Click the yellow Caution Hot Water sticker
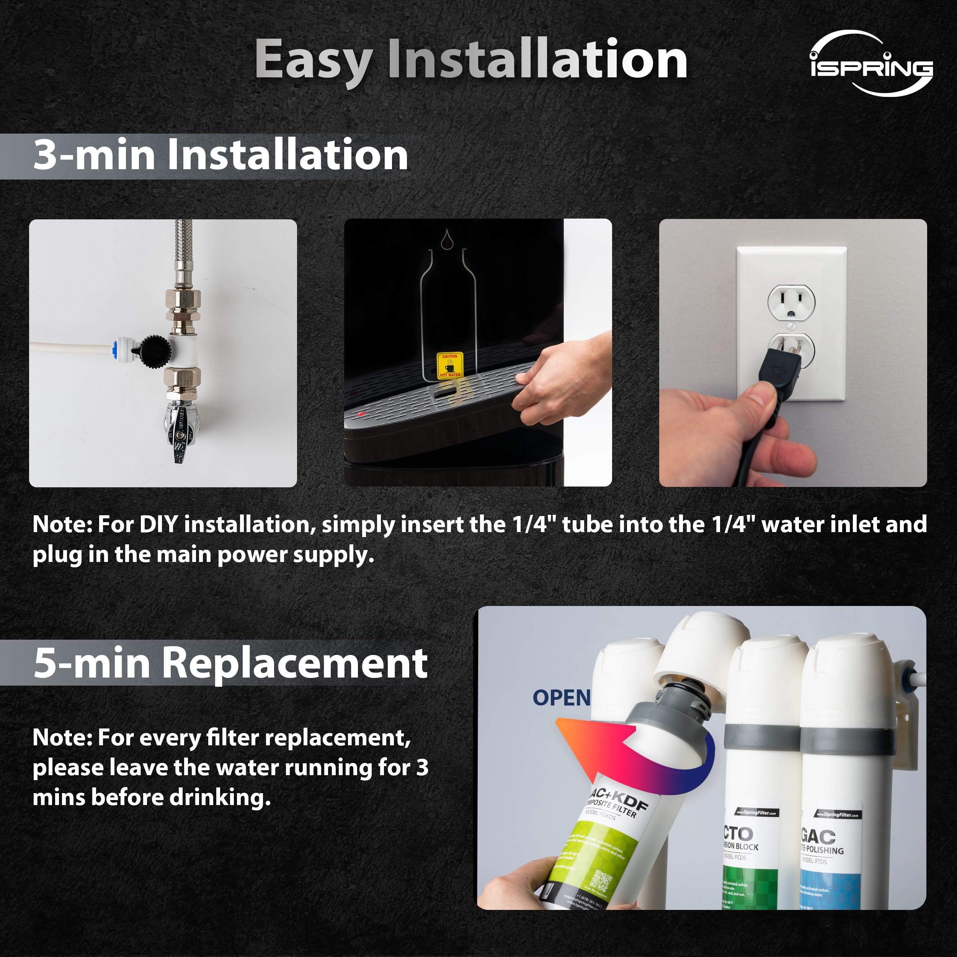450,366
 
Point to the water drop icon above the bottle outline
447,239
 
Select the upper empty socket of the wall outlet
791,303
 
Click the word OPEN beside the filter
561,698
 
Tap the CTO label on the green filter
738,834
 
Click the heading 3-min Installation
220,155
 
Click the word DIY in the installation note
158,524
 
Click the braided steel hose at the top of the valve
183,253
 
